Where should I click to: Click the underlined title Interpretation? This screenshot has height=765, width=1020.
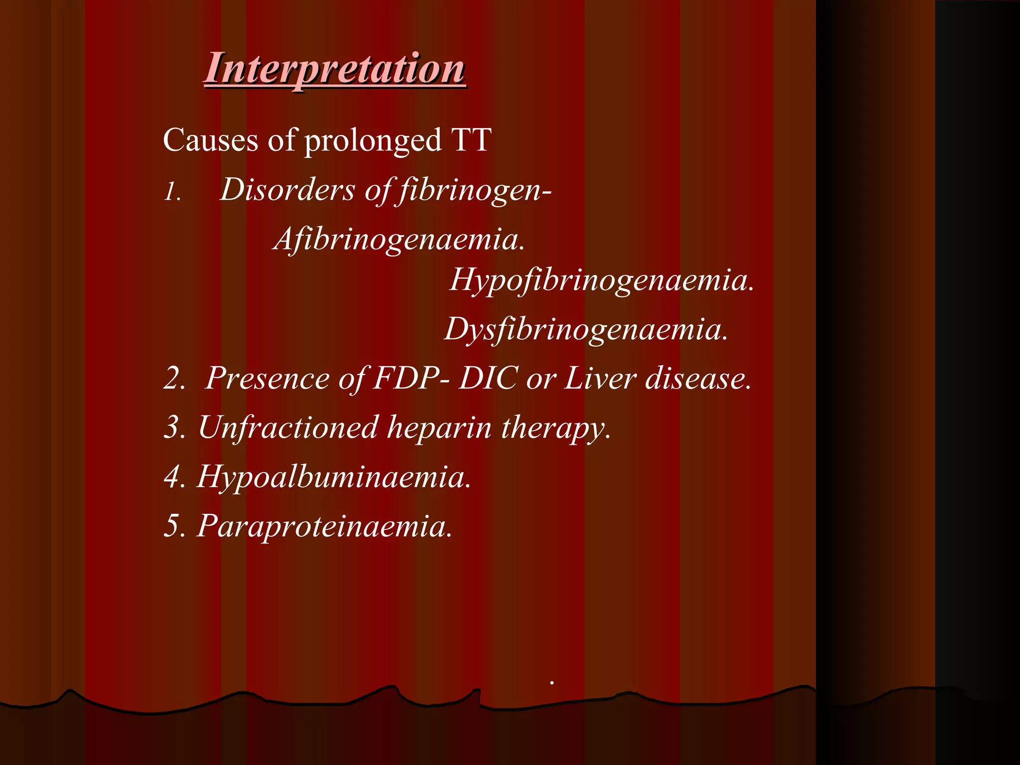[335, 69]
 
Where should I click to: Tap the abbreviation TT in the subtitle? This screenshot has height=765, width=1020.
[471, 140]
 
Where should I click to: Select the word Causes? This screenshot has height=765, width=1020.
[210, 140]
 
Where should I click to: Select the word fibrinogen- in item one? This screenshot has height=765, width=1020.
[475, 191]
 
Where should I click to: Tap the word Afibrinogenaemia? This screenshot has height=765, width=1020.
[399, 240]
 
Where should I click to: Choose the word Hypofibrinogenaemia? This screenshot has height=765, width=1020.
[602, 280]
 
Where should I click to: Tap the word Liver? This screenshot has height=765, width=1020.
[600, 379]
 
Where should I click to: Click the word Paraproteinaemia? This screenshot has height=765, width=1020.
[324, 526]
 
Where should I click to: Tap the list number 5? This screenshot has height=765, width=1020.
[174, 526]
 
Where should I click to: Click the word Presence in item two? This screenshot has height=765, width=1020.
[267, 379]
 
